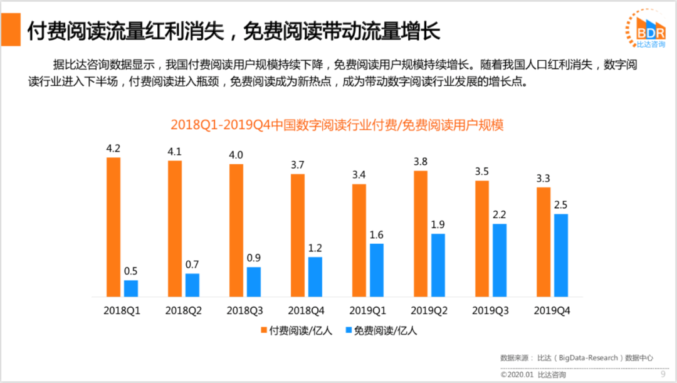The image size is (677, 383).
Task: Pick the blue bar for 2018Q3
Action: [254, 281]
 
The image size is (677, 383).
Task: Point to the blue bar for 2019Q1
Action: [377, 270]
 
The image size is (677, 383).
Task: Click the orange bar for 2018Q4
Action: [298, 235]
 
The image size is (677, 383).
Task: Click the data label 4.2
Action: [113, 149]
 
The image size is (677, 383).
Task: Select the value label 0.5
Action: [131, 271]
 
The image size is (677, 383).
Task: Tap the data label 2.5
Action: [561, 205]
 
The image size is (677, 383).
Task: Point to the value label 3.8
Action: [421, 162]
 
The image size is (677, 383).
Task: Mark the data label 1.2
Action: [315, 248]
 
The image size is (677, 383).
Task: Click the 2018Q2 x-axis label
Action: [184, 310]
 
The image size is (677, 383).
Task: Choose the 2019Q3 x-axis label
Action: [491, 310]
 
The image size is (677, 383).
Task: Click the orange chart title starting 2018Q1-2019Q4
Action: [337, 125]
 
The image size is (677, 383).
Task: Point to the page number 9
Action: [663, 375]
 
